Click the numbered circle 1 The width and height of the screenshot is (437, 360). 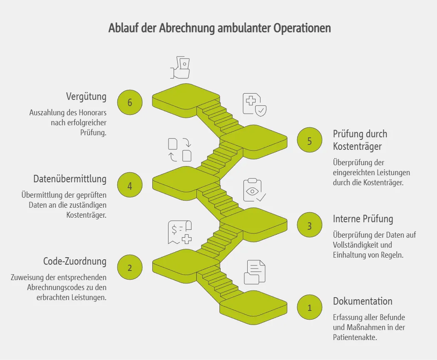pyautogui.click(x=309, y=308)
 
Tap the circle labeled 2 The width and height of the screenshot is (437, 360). pyautogui.click(x=129, y=268)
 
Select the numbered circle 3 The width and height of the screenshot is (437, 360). pyautogui.click(x=309, y=226)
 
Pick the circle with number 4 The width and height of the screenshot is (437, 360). pyautogui.click(x=129, y=185)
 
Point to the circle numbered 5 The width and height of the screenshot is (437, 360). pyautogui.click(x=309, y=141)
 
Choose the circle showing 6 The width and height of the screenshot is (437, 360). pyautogui.click(x=129, y=102)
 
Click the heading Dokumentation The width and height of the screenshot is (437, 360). pyautogui.click(x=363, y=301)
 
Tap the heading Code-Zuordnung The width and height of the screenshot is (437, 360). pyautogui.click(x=75, y=261)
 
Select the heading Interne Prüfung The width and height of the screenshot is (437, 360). pyautogui.click(x=363, y=219)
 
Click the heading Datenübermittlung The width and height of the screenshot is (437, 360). pyautogui.click(x=70, y=179)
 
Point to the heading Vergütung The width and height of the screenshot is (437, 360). pyautogui.click(x=86, y=97)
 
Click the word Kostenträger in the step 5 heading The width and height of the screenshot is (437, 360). pyautogui.click(x=357, y=146)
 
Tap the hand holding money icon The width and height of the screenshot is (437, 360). pyautogui.click(x=180, y=67)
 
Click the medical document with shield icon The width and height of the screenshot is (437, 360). pyautogui.click(x=254, y=104)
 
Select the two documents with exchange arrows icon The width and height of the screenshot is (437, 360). pyautogui.click(x=180, y=149)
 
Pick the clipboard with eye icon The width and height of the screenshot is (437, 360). pyautogui.click(x=254, y=190)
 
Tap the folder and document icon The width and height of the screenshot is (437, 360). pyautogui.click(x=254, y=272)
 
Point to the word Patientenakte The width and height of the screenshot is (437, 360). pyautogui.click(x=355, y=337)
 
